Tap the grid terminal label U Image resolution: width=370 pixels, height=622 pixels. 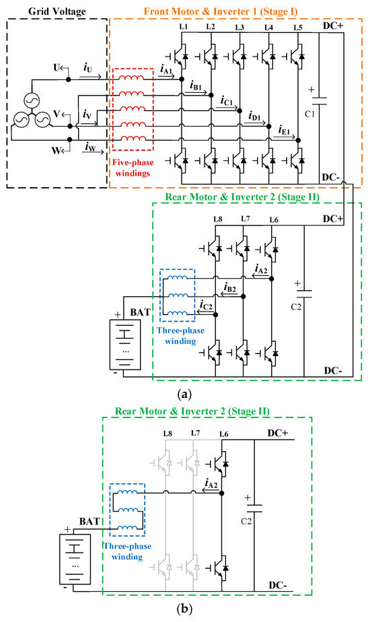click(x=57, y=68)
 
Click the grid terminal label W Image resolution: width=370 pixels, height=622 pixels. click(x=57, y=143)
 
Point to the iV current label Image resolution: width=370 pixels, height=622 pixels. click(x=87, y=116)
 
